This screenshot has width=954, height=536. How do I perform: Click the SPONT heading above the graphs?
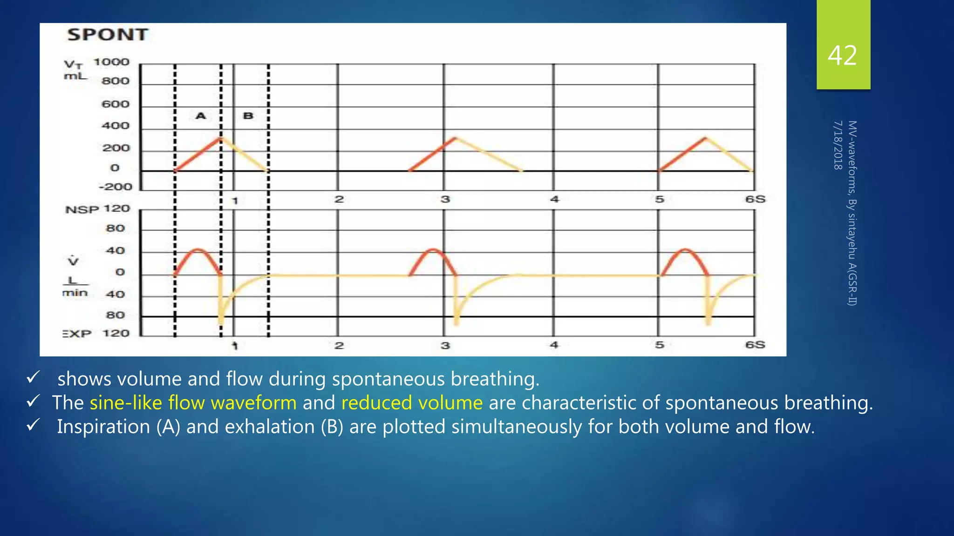click(x=108, y=35)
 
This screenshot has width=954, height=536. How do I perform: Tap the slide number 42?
click(x=842, y=55)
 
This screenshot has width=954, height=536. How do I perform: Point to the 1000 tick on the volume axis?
click(x=111, y=62)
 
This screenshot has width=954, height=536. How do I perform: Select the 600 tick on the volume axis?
click(x=116, y=104)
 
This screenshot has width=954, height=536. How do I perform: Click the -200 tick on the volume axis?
click(x=116, y=187)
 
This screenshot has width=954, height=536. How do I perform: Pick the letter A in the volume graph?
click(x=201, y=116)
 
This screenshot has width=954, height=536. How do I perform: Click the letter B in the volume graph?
click(x=248, y=116)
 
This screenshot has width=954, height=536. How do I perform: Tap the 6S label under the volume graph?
click(x=755, y=199)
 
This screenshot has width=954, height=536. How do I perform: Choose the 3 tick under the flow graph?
click(x=445, y=346)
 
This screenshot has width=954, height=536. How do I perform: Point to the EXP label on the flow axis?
click(x=77, y=334)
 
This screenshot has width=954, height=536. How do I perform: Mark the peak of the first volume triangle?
click(x=221, y=138)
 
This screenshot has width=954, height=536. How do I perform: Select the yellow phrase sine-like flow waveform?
click(x=193, y=403)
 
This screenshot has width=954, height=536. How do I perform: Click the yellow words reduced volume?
click(x=412, y=403)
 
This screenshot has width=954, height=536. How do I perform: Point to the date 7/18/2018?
click(x=838, y=145)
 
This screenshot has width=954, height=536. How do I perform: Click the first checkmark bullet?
click(x=33, y=377)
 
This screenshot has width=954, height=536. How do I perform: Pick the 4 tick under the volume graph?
click(x=554, y=199)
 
